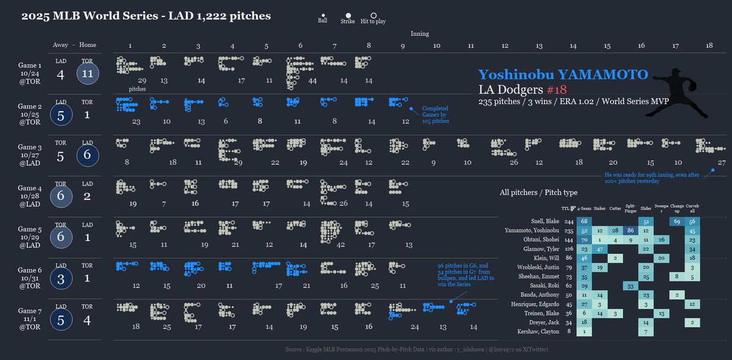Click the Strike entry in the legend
click(x=348, y=18)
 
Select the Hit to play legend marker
click(x=373, y=18)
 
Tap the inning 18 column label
click(x=709, y=46)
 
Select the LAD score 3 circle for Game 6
click(x=60, y=278)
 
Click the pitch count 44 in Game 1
click(x=312, y=81)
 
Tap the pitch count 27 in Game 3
click(x=722, y=162)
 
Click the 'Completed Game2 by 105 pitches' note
click(x=436, y=115)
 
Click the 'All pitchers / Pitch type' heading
click(x=538, y=192)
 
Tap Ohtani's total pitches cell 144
click(x=569, y=240)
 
